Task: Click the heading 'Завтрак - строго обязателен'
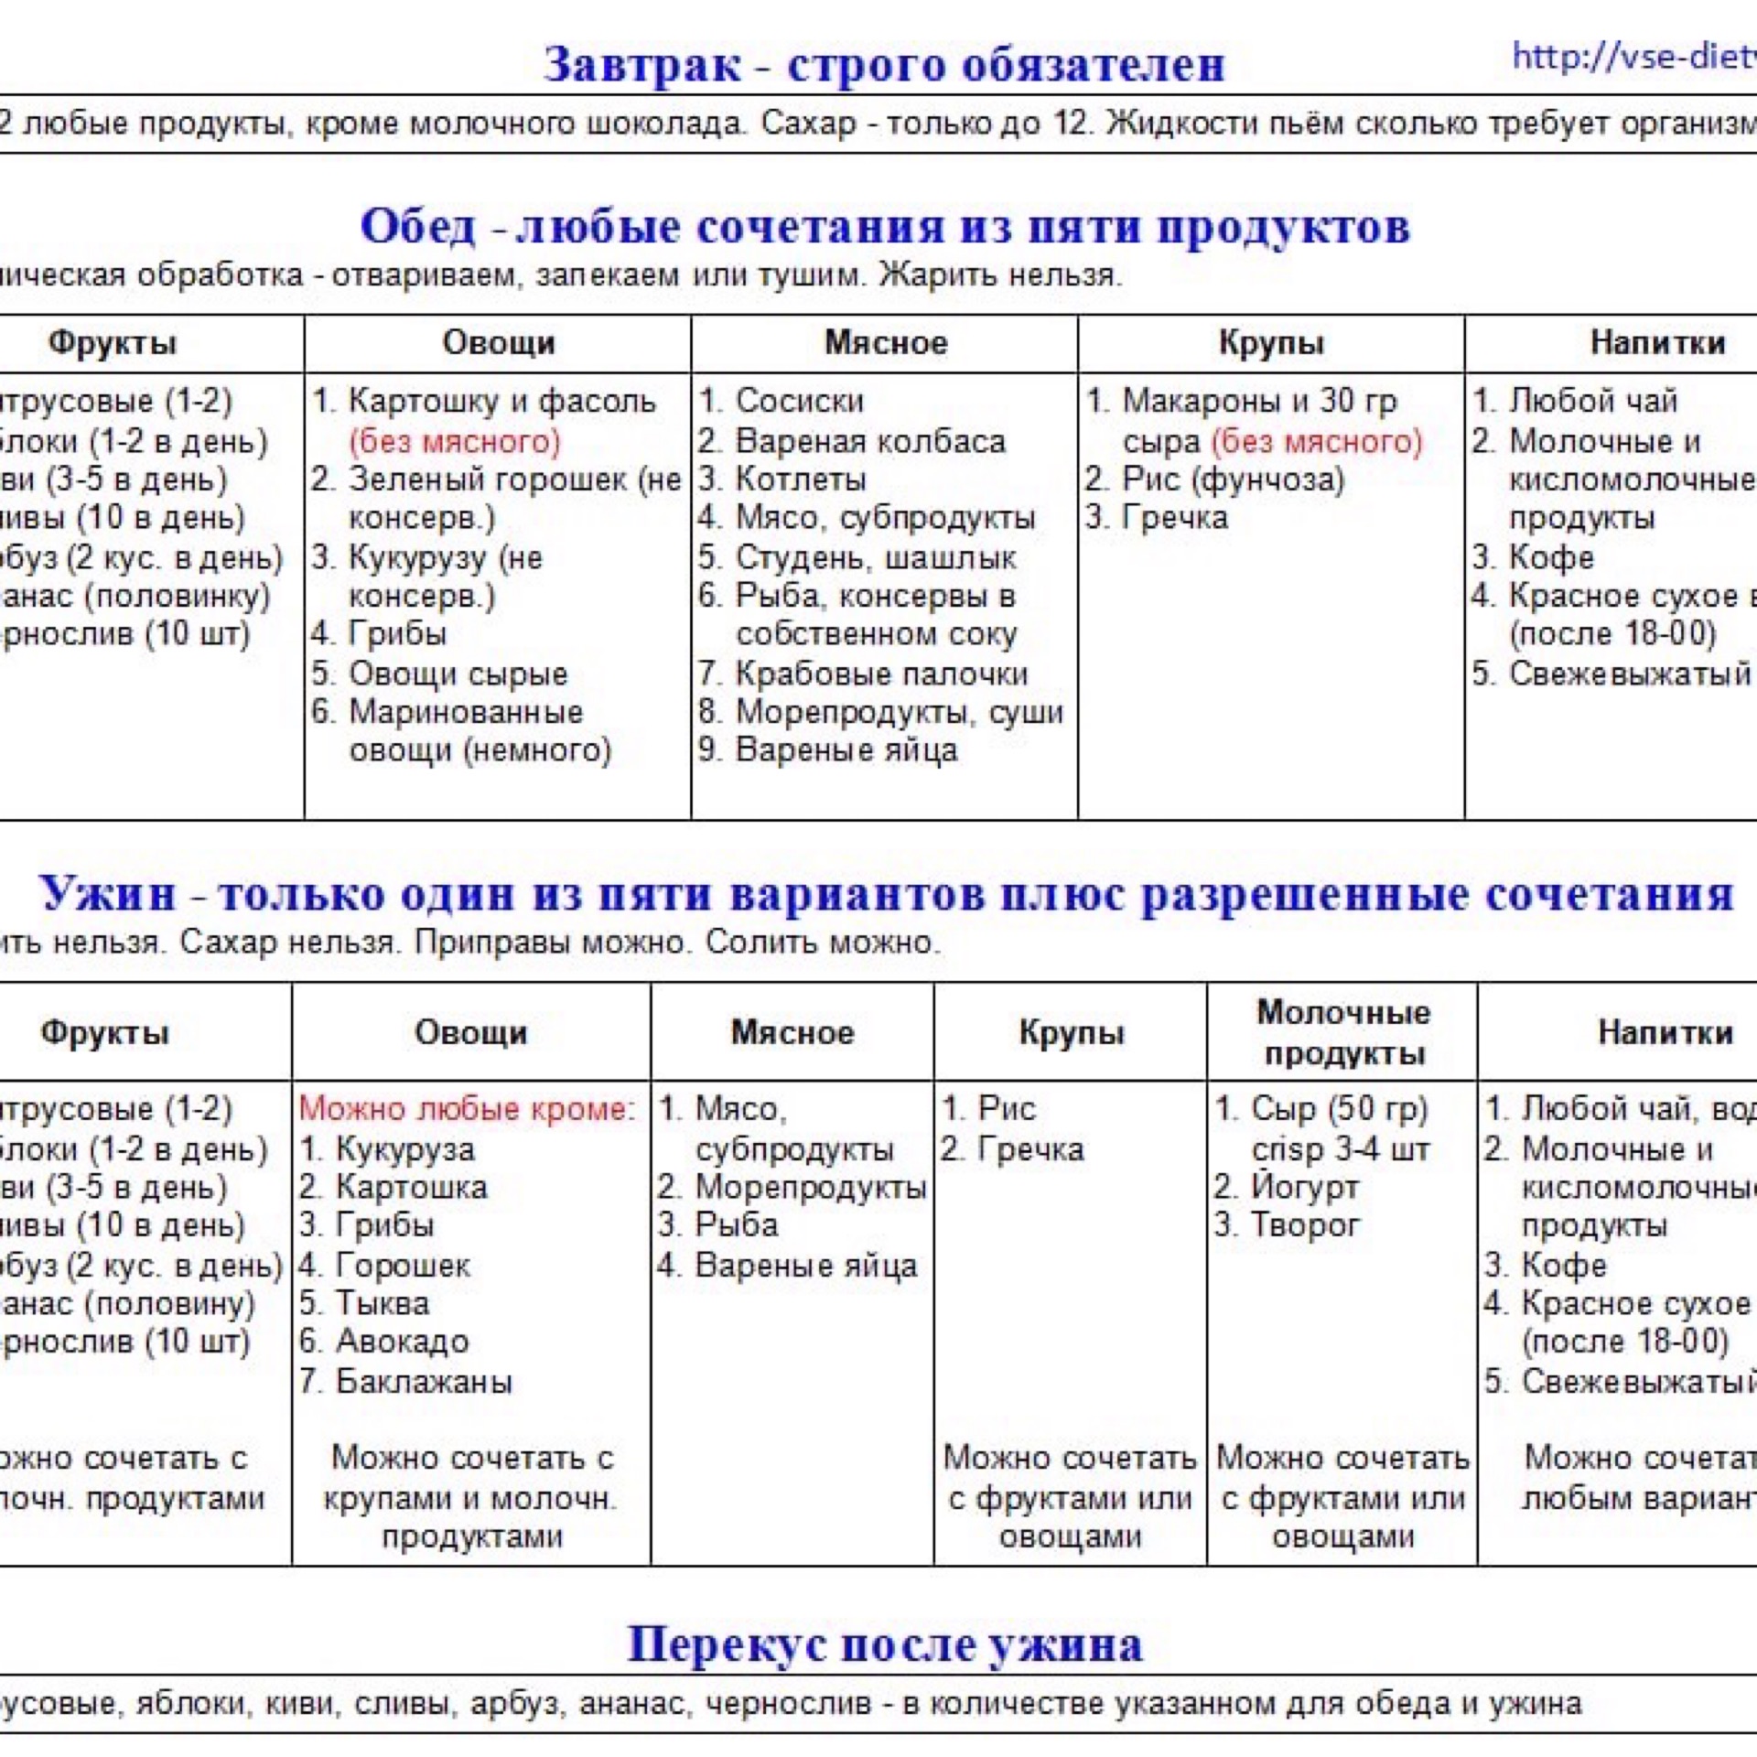click(x=884, y=65)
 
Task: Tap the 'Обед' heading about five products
click(x=884, y=226)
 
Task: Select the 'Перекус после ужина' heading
click(x=884, y=1644)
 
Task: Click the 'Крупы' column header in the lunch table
click(x=1271, y=343)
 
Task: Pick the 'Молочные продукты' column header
click(x=1342, y=1033)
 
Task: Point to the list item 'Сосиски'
click(x=799, y=401)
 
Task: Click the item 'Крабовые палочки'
click(x=881, y=674)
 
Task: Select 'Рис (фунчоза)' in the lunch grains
click(x=1233, y=480)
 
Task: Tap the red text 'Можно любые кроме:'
click(x=467, y=1109)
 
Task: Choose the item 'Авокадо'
click(x=402, y=1342)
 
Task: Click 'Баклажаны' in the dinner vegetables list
click(x=424, y=1381)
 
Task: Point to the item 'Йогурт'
click(x=1304, y=1187)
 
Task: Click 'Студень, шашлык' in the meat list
click(x=876, y=557)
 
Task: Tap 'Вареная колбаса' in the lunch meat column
click(x=870, y=441)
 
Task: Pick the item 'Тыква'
click(x=382, y=1303)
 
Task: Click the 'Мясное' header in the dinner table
click(x=792, y=1033)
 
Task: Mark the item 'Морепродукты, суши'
click(x=899, y=712)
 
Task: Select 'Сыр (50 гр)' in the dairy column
click(x=1339, y=1109)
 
